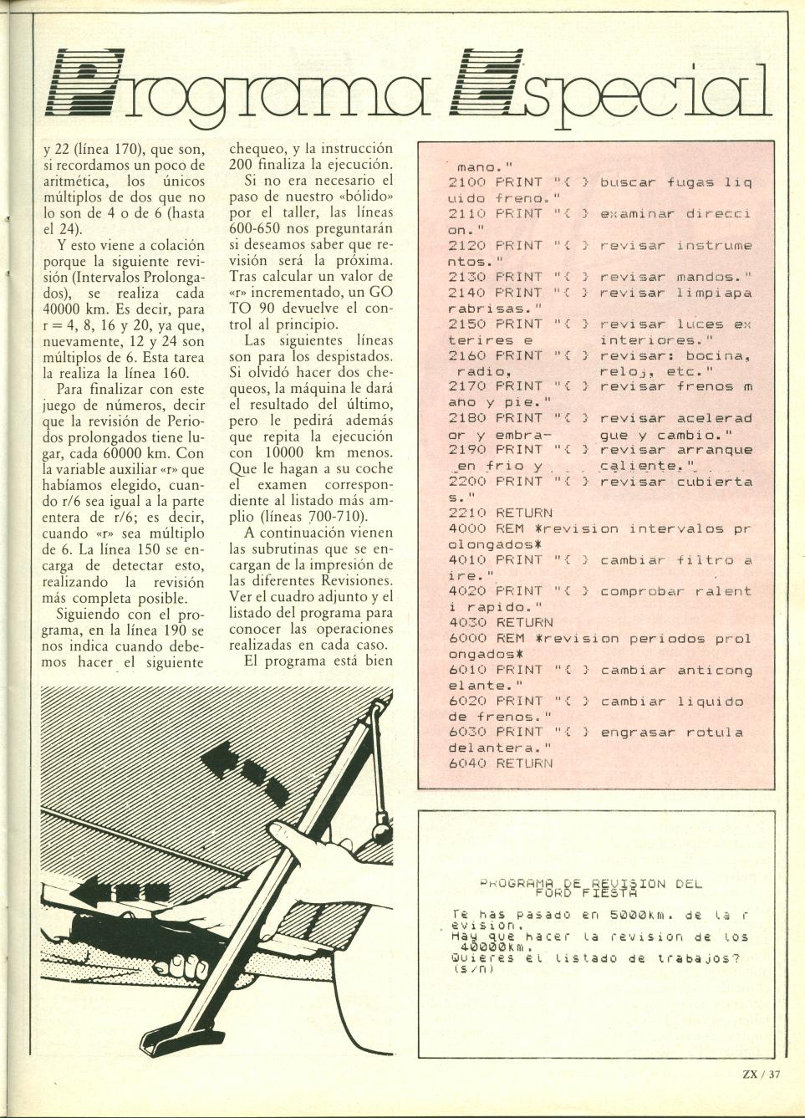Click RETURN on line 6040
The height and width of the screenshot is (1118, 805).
pyautogui.click(x=524, y=763)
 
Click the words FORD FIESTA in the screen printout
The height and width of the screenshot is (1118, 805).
pyautogui.click(x=592, y=893)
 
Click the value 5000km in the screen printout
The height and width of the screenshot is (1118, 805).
pyautogui.click(x=637, y=916)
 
